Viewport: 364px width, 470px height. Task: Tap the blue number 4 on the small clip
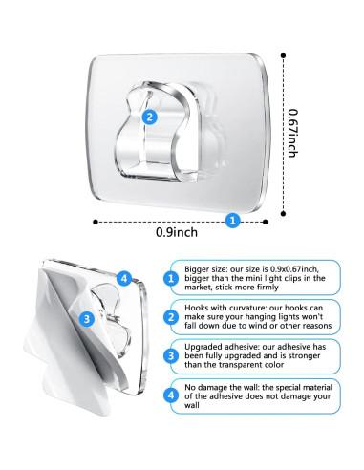click(123, 278)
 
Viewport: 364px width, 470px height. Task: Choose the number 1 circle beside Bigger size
click(169, 279)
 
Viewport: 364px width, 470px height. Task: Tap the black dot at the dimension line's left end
click(95, 221)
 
